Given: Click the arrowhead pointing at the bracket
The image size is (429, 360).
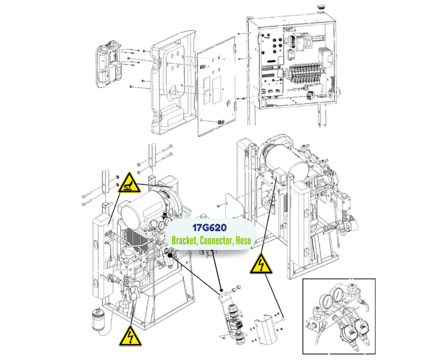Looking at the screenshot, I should coord(221,292).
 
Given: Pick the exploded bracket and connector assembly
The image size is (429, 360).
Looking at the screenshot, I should coord(231,317).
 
